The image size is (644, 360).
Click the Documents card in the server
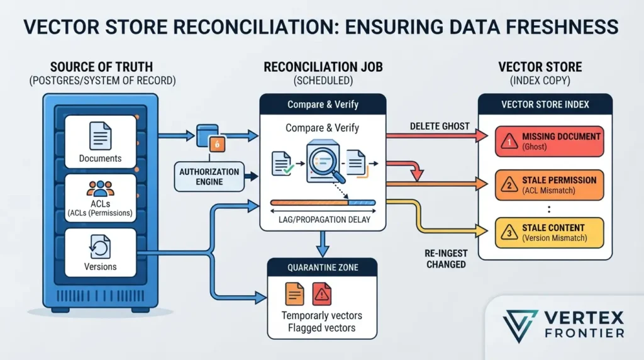pyautogui.click(x=100, y=142)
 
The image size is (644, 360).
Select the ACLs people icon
pyautogui.click(x=100, y=189)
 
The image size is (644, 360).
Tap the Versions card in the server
pyautogui.click(x=100, y=252)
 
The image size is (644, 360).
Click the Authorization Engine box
pyautogui.click(x=209, y=177)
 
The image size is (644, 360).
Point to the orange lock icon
pyautogui.click(x=217, y=144)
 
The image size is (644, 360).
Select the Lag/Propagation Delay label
pyautogui.click(x=324, y=220)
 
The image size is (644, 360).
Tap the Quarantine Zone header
pyautogui.click(x=323, y=267)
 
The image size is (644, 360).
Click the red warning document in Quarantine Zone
pyautogui.click(x=321, y=294)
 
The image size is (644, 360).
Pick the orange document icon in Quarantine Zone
pyautogui.click(x=294, y=294)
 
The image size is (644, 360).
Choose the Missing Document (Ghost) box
pyautogui.click(x=549, y=142)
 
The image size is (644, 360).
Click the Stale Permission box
pyautogui.click(x=549, y=185)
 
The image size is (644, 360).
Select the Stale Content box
pyautogui.click(x=549, y=233)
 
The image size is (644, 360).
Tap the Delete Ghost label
pyautogui.click(x=440, y=126)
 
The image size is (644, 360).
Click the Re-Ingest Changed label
pyautogui.click(x=446, y=259)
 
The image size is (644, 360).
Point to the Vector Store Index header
pyautogui.click(x=545, y=104)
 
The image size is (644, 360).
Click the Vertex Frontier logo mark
pyautogui.click(x=519, y=325)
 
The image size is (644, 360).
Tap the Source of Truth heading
pyautogui.click(x=101, y=67)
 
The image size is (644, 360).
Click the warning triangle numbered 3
pyautogui.click(x=509, y=233)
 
